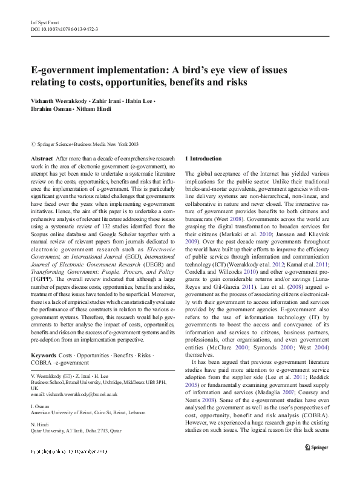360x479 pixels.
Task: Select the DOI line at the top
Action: point(64,28)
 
